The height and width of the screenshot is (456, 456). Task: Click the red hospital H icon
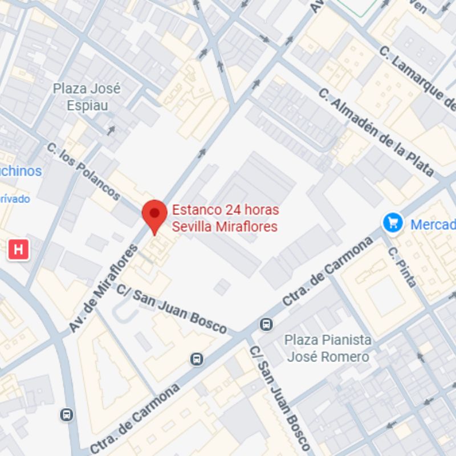tap(18, 249)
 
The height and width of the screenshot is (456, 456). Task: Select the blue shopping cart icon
tap(393, 222)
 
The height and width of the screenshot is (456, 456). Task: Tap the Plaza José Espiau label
tap(87, 97)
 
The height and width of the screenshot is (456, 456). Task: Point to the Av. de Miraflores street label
tap(103, 288)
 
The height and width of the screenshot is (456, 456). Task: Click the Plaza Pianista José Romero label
tap(328, 348)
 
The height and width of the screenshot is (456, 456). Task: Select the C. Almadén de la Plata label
tap(376, 132)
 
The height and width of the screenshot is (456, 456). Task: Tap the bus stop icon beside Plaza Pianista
tap(266, 324)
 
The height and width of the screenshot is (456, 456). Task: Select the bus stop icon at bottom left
tap(67, 415)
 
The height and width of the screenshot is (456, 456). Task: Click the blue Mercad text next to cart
tap(433, 224)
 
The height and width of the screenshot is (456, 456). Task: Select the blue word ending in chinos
tap(21, 170)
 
